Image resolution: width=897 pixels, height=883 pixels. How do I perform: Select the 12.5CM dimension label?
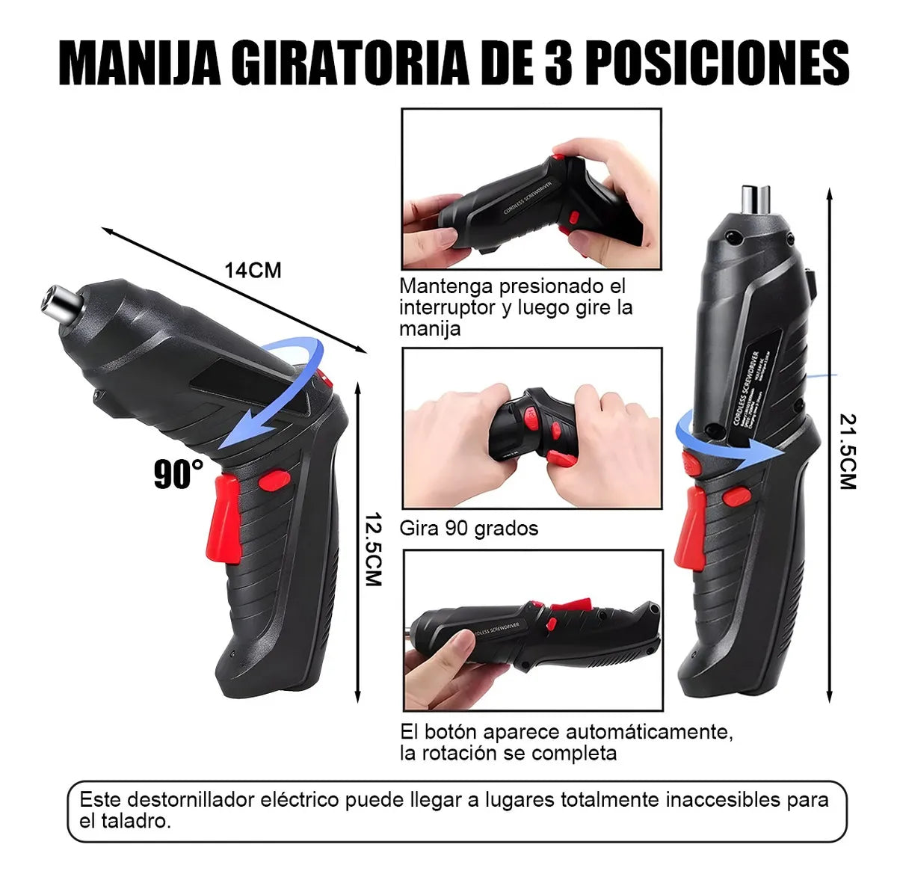(x=373, y=549)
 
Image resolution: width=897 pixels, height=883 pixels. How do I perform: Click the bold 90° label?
(x=178, y=475)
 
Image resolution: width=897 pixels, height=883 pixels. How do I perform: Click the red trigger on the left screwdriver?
(x=226, y=519)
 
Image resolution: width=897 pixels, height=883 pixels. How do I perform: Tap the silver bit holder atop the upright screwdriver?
(x=755, y=199)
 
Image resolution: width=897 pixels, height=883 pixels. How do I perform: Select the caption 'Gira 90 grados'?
(x=469, y=528)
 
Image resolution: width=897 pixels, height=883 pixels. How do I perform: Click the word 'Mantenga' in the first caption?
(x=446, y=286)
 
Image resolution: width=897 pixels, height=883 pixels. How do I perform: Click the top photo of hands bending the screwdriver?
(x=531, y=189)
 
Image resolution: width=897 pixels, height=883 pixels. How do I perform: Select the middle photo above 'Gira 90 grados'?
(x=531, y=428)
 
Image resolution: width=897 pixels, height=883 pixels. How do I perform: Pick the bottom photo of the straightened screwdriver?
(x=532, y=630)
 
